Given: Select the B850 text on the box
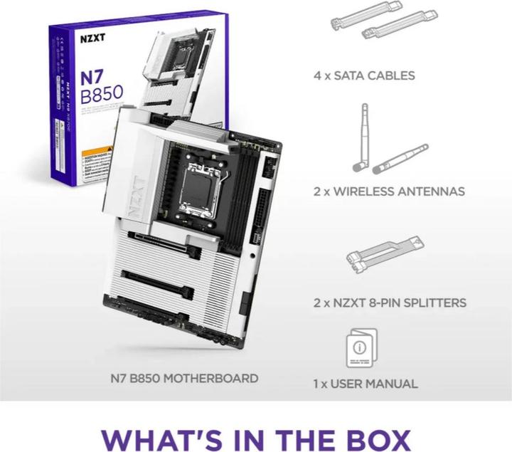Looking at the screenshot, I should (101, 93).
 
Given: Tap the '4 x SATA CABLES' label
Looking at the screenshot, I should (364, 75).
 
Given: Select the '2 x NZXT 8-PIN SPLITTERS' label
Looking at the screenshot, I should (390, 303).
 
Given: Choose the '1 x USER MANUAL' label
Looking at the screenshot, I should (366, 384).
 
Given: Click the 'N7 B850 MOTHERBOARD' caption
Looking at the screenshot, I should (184, 378).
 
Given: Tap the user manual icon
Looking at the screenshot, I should (361, 349).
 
